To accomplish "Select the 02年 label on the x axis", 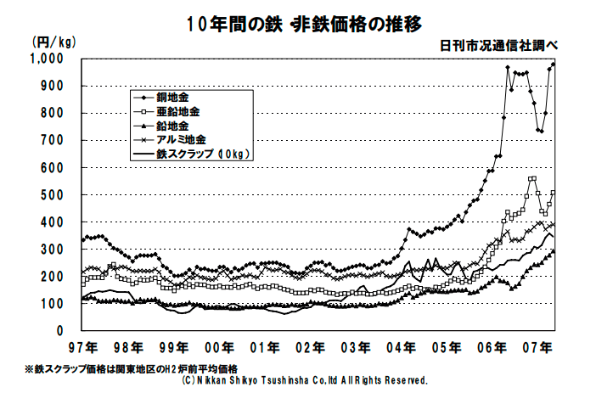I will click(x=312, y=347).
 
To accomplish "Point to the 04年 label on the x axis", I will click(x=404, y=347).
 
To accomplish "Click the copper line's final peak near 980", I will click(x=554, y=64).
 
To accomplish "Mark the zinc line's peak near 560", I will click(x=532, y=178).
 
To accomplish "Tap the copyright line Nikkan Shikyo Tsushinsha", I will click(x=304, y=381).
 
